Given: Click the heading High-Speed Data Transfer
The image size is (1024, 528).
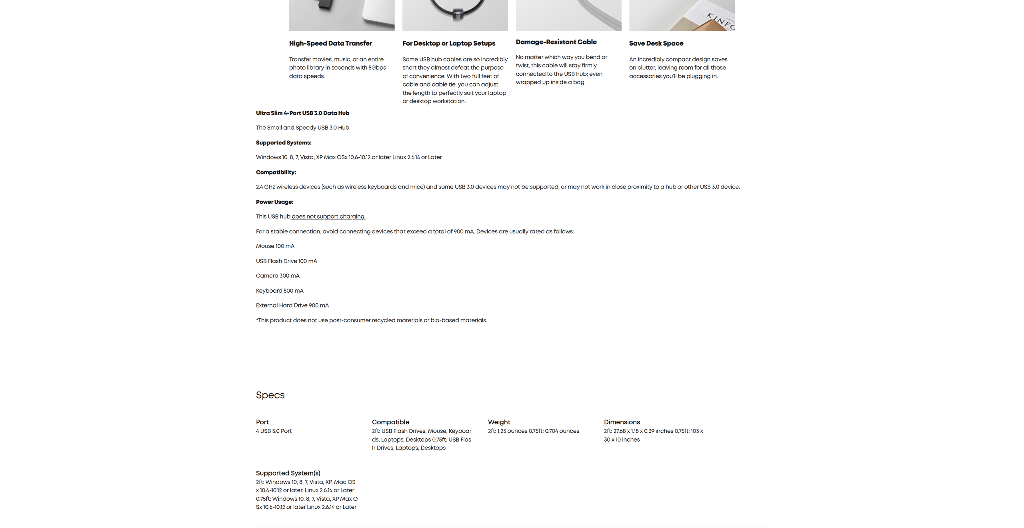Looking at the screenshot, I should pyautogui.click(x=330, y=43).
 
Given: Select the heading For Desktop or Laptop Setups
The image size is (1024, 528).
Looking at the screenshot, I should pyautogui.click(x=448, y=43).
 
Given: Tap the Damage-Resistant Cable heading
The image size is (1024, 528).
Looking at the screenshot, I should pyautogui.click(x=556, y=42).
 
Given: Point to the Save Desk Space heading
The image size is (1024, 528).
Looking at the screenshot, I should pyautogui.click(x=656, y=43).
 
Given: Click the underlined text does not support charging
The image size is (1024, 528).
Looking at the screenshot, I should pyautogui.click(x=328, y=217).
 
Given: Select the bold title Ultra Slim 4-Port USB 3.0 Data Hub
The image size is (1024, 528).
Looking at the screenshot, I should pyautogui.click(x=302, y=113).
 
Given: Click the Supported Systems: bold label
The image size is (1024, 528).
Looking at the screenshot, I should pyautogui.click(x=284, y=143).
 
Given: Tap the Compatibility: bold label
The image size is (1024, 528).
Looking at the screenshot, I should pyautogui.click(x=276, y=172).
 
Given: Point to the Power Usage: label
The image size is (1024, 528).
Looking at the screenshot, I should pyautogui.click(x=274, y=202).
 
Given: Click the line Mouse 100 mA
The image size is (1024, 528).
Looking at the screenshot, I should pyautogui.click(x=275, y=246).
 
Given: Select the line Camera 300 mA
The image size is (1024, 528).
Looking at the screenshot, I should pyautogui.click(x=278, y=276).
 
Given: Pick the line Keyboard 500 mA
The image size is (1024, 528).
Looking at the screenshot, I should pyautogui.click(x=280, y=291).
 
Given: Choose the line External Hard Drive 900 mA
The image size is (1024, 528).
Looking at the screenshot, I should pyautogui.click(x=292, y=305).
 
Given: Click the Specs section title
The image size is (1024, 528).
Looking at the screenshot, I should pyautogui.click(x=270, y=395).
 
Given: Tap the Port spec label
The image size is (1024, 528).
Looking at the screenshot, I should pyautogui.click(x=262, y=422).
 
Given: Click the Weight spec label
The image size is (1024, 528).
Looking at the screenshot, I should pyautogui.click(x=499, y=422).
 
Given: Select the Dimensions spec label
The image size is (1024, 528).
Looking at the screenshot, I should pyautogui.click(x=622, y=422).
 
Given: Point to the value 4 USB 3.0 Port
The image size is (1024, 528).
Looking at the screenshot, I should pyautogui.click(x=274, y=431).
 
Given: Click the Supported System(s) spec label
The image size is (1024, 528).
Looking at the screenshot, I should pyautogui.click(x=288, y=473).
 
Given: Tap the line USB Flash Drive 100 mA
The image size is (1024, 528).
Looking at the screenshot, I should pyautogui.click(x=286, y=261).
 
